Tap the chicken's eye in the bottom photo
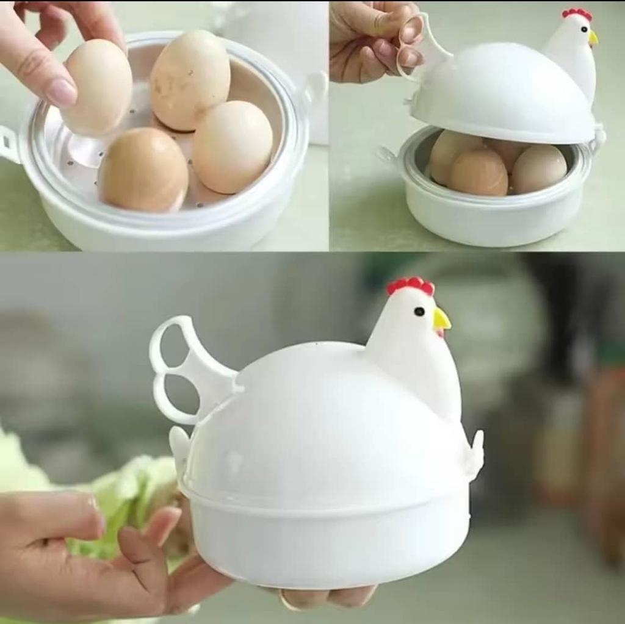coord(419,311)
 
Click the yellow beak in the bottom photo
coord(441,319)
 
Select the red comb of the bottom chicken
coord(411,285)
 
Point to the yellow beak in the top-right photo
coord(593,38)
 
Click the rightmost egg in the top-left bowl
coord(233,146)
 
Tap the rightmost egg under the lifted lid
coord(539,168)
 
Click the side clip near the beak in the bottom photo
coord(475,454)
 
